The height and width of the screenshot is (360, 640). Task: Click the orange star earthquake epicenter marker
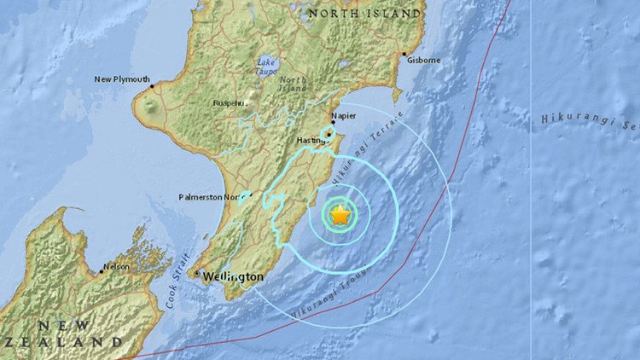[340, 216]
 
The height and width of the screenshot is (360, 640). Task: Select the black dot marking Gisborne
[404, 55]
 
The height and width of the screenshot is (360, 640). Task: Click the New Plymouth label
[121, 79]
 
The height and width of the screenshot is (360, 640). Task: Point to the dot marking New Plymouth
[152, 85]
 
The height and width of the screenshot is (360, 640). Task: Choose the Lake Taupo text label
[265, 66]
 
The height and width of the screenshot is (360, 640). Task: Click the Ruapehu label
[230, 104]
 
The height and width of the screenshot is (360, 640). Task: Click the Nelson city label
[116, 267]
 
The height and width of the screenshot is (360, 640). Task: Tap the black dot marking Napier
[332, 123]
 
